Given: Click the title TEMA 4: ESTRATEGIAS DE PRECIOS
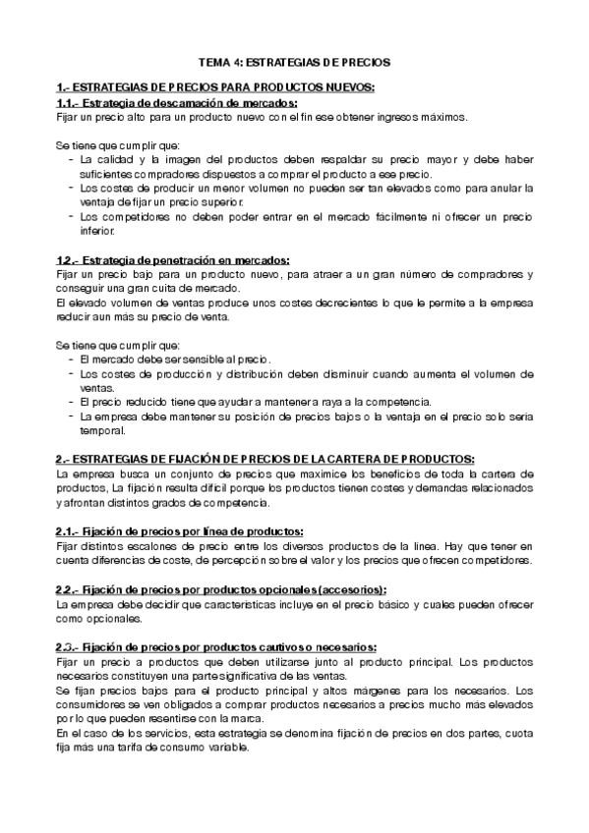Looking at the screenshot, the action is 294,61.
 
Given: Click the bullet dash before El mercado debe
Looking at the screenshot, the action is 72,361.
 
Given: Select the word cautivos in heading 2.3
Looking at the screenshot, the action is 277,647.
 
